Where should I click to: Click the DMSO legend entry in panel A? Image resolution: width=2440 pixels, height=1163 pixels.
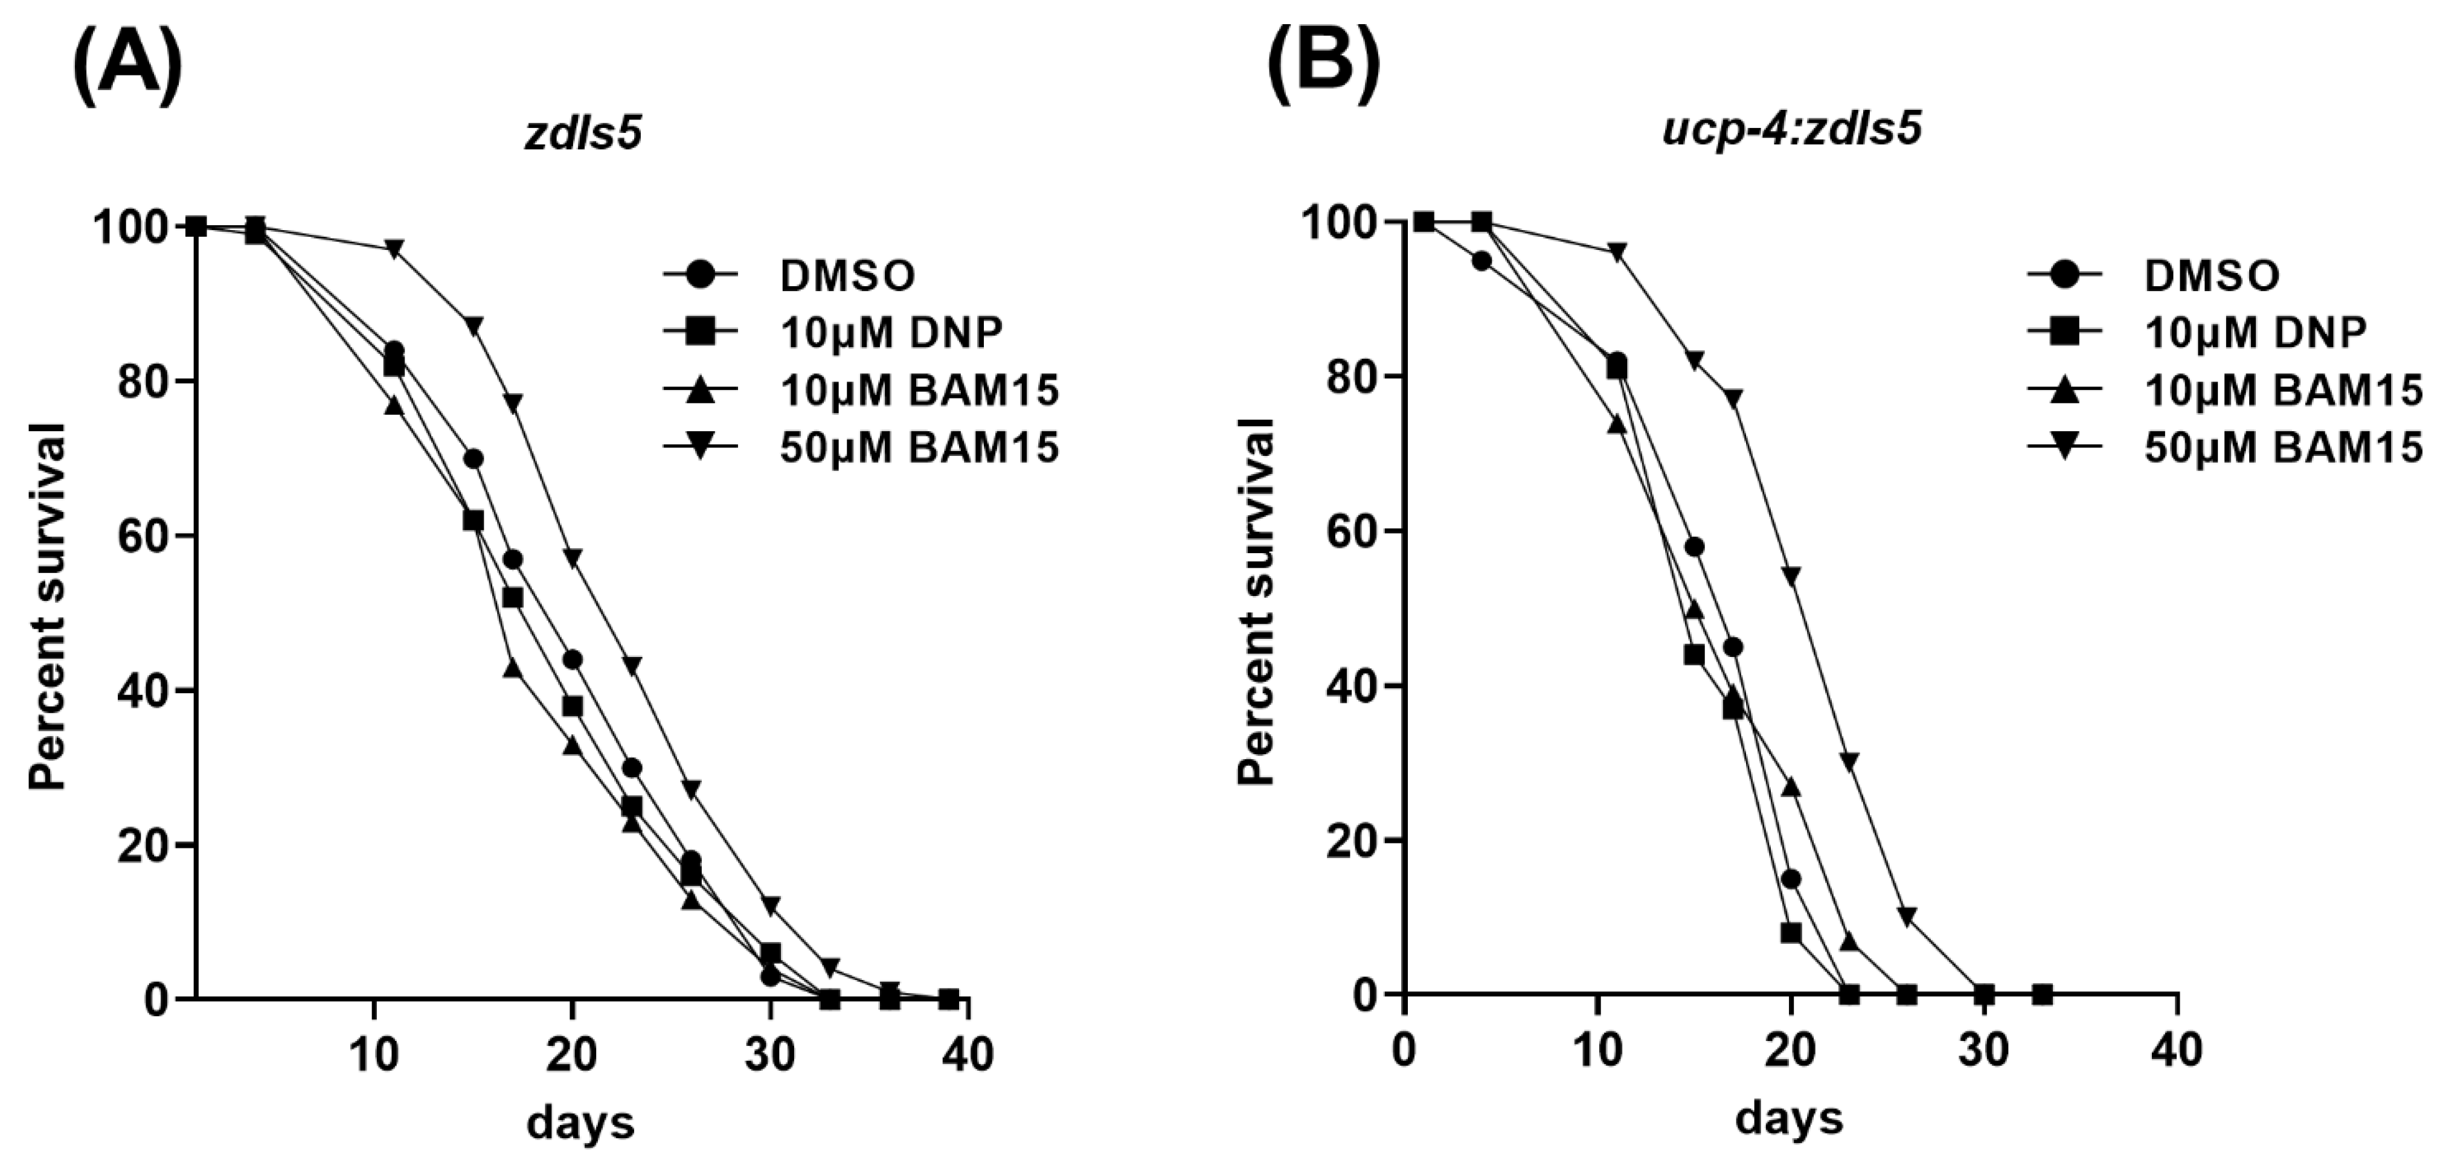tap(847, 275)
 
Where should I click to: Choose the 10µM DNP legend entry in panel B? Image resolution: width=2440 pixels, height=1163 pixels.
tap(2255, 332)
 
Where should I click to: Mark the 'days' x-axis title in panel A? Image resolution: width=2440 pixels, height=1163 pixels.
tap(580, 1124)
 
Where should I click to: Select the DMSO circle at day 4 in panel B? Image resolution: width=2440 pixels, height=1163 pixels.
tap(1482, 260)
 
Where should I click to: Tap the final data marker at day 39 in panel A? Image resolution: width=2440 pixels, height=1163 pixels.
tap(948, 998)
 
